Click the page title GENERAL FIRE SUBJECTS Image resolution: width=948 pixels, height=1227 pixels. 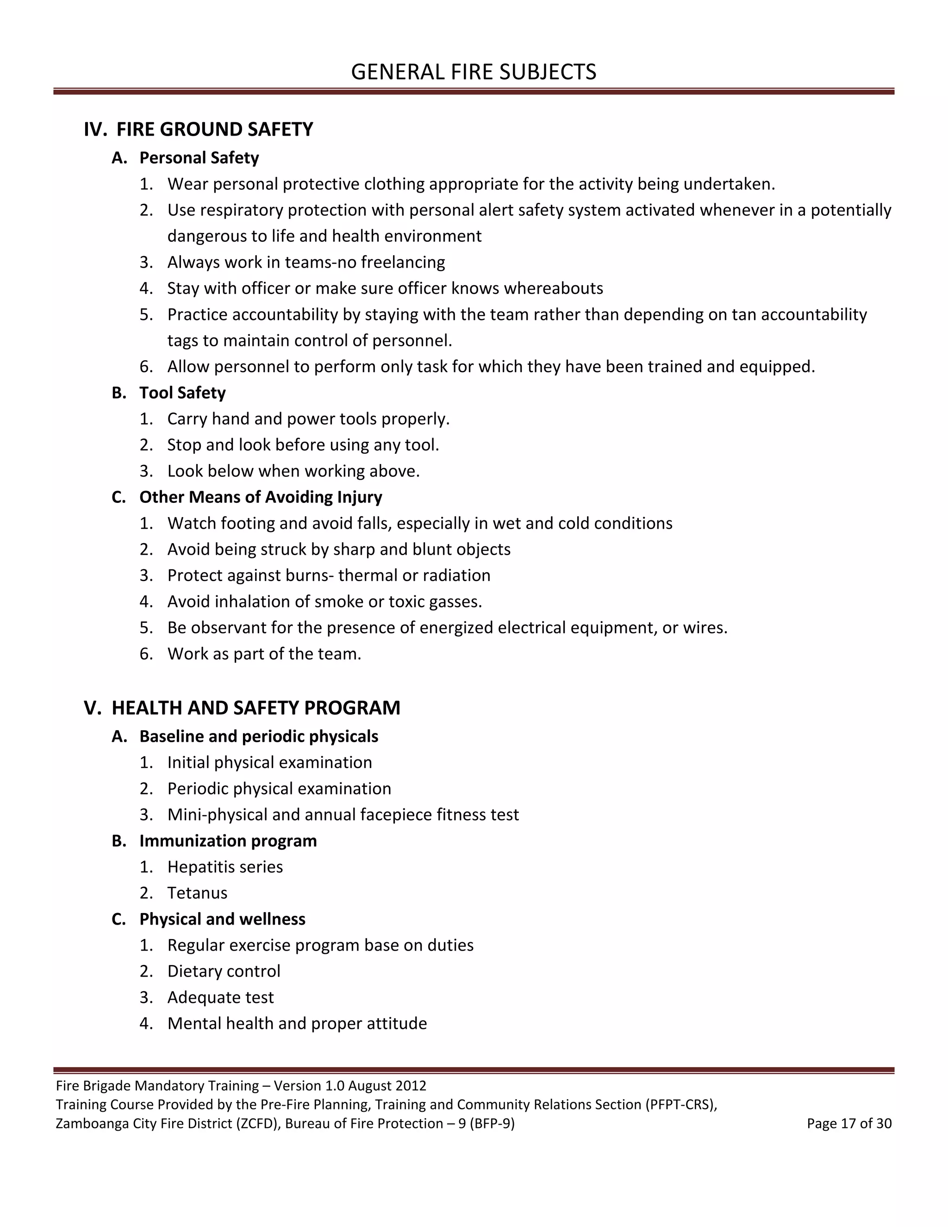[x=474, y=72]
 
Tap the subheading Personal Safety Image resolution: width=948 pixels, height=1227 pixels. [x=199, y=158]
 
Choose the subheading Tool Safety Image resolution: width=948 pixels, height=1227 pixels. [x=182, y=393]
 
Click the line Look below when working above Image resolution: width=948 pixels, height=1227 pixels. [x=293, y=471]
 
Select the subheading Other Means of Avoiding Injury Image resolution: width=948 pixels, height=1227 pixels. [x=261, y=497]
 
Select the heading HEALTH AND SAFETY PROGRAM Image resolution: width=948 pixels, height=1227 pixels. [x=256, y=708]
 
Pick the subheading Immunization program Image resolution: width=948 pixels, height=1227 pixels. [x=228, y=841]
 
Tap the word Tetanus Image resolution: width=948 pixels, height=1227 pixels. [x=197, y=893]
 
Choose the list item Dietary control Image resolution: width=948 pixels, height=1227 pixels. [x=224, y=971]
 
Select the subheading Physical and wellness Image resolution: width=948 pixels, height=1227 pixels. [x=222, y=919]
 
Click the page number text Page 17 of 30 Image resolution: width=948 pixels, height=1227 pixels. [x=849, y=1124]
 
